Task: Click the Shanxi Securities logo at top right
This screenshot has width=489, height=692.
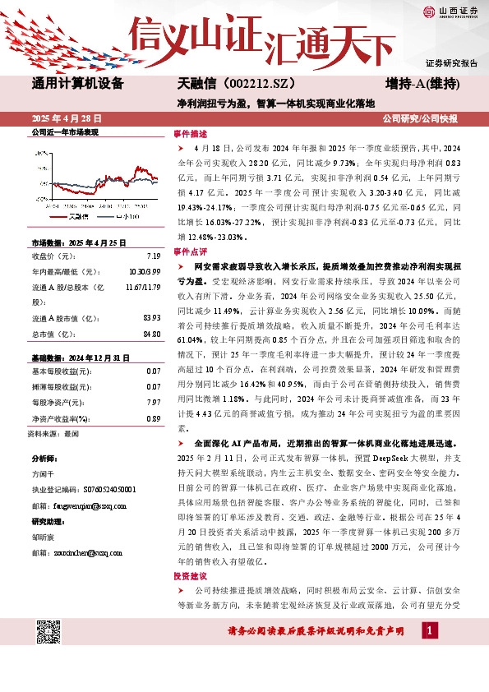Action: [x=450, y=12]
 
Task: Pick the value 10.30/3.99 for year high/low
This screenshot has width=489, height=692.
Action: [x=145, y=272]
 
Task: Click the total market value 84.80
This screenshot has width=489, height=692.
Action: [x=151, y=334]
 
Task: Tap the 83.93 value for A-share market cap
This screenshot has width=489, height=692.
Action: [x=151, y=318]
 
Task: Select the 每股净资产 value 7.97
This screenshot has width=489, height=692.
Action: [x=154, y=403]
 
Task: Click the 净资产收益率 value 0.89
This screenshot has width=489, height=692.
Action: [x=154, y=418]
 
